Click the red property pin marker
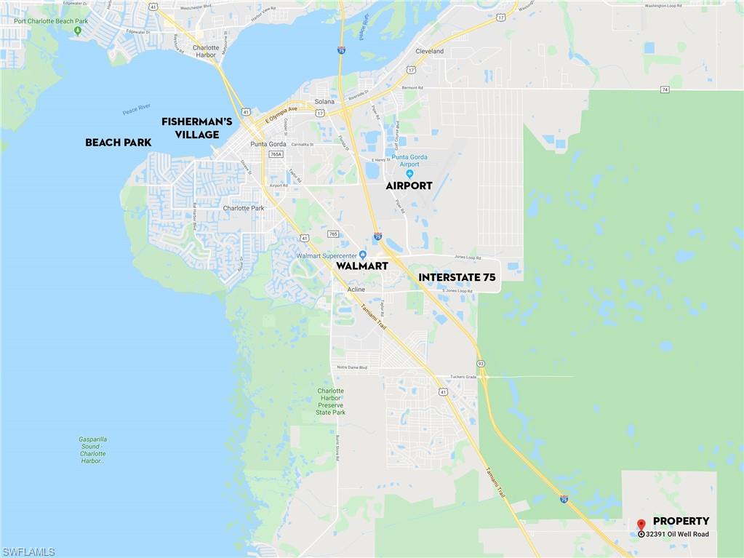(x=641, y=525)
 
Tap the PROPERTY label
(x=681, y=521)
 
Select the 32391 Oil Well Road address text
(x=677, y=534)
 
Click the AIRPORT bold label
(x=409, y=186)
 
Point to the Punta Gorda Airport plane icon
(x=409, y=173)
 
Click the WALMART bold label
(x=361, y=266)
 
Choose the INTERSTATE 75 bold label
(x=459, y=277)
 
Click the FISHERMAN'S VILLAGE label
(x=196, y=128)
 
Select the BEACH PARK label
(x=118, y=143)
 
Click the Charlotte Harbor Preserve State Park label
(x=331, y=402)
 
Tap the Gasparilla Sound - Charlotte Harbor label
(x=92, y=450)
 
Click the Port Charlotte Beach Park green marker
(x=76, y=31)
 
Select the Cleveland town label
(x=429, y=52)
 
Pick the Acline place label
(x=356, y=289)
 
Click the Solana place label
(x=324, y=101)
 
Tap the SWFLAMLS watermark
(x=28, y=552)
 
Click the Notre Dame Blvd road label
(x=352, y=367)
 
